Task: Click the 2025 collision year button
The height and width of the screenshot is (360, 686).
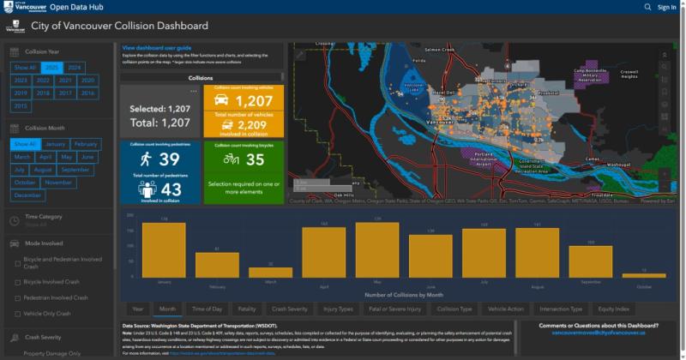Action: coord(51,67)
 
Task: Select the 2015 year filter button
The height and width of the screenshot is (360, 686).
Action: coord(21,105)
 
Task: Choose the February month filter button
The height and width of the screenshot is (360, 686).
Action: coord(85,144)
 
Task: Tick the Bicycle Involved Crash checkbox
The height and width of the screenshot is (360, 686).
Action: coord(17,281)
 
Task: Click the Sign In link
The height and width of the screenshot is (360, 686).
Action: coord(666,7)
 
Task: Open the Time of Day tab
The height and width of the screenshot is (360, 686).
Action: coord(207,309)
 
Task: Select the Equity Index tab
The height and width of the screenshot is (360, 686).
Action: coord(615,309)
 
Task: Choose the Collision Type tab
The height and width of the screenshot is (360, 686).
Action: coord(454,309)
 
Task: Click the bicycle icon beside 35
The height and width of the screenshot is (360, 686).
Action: coord(231,159)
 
